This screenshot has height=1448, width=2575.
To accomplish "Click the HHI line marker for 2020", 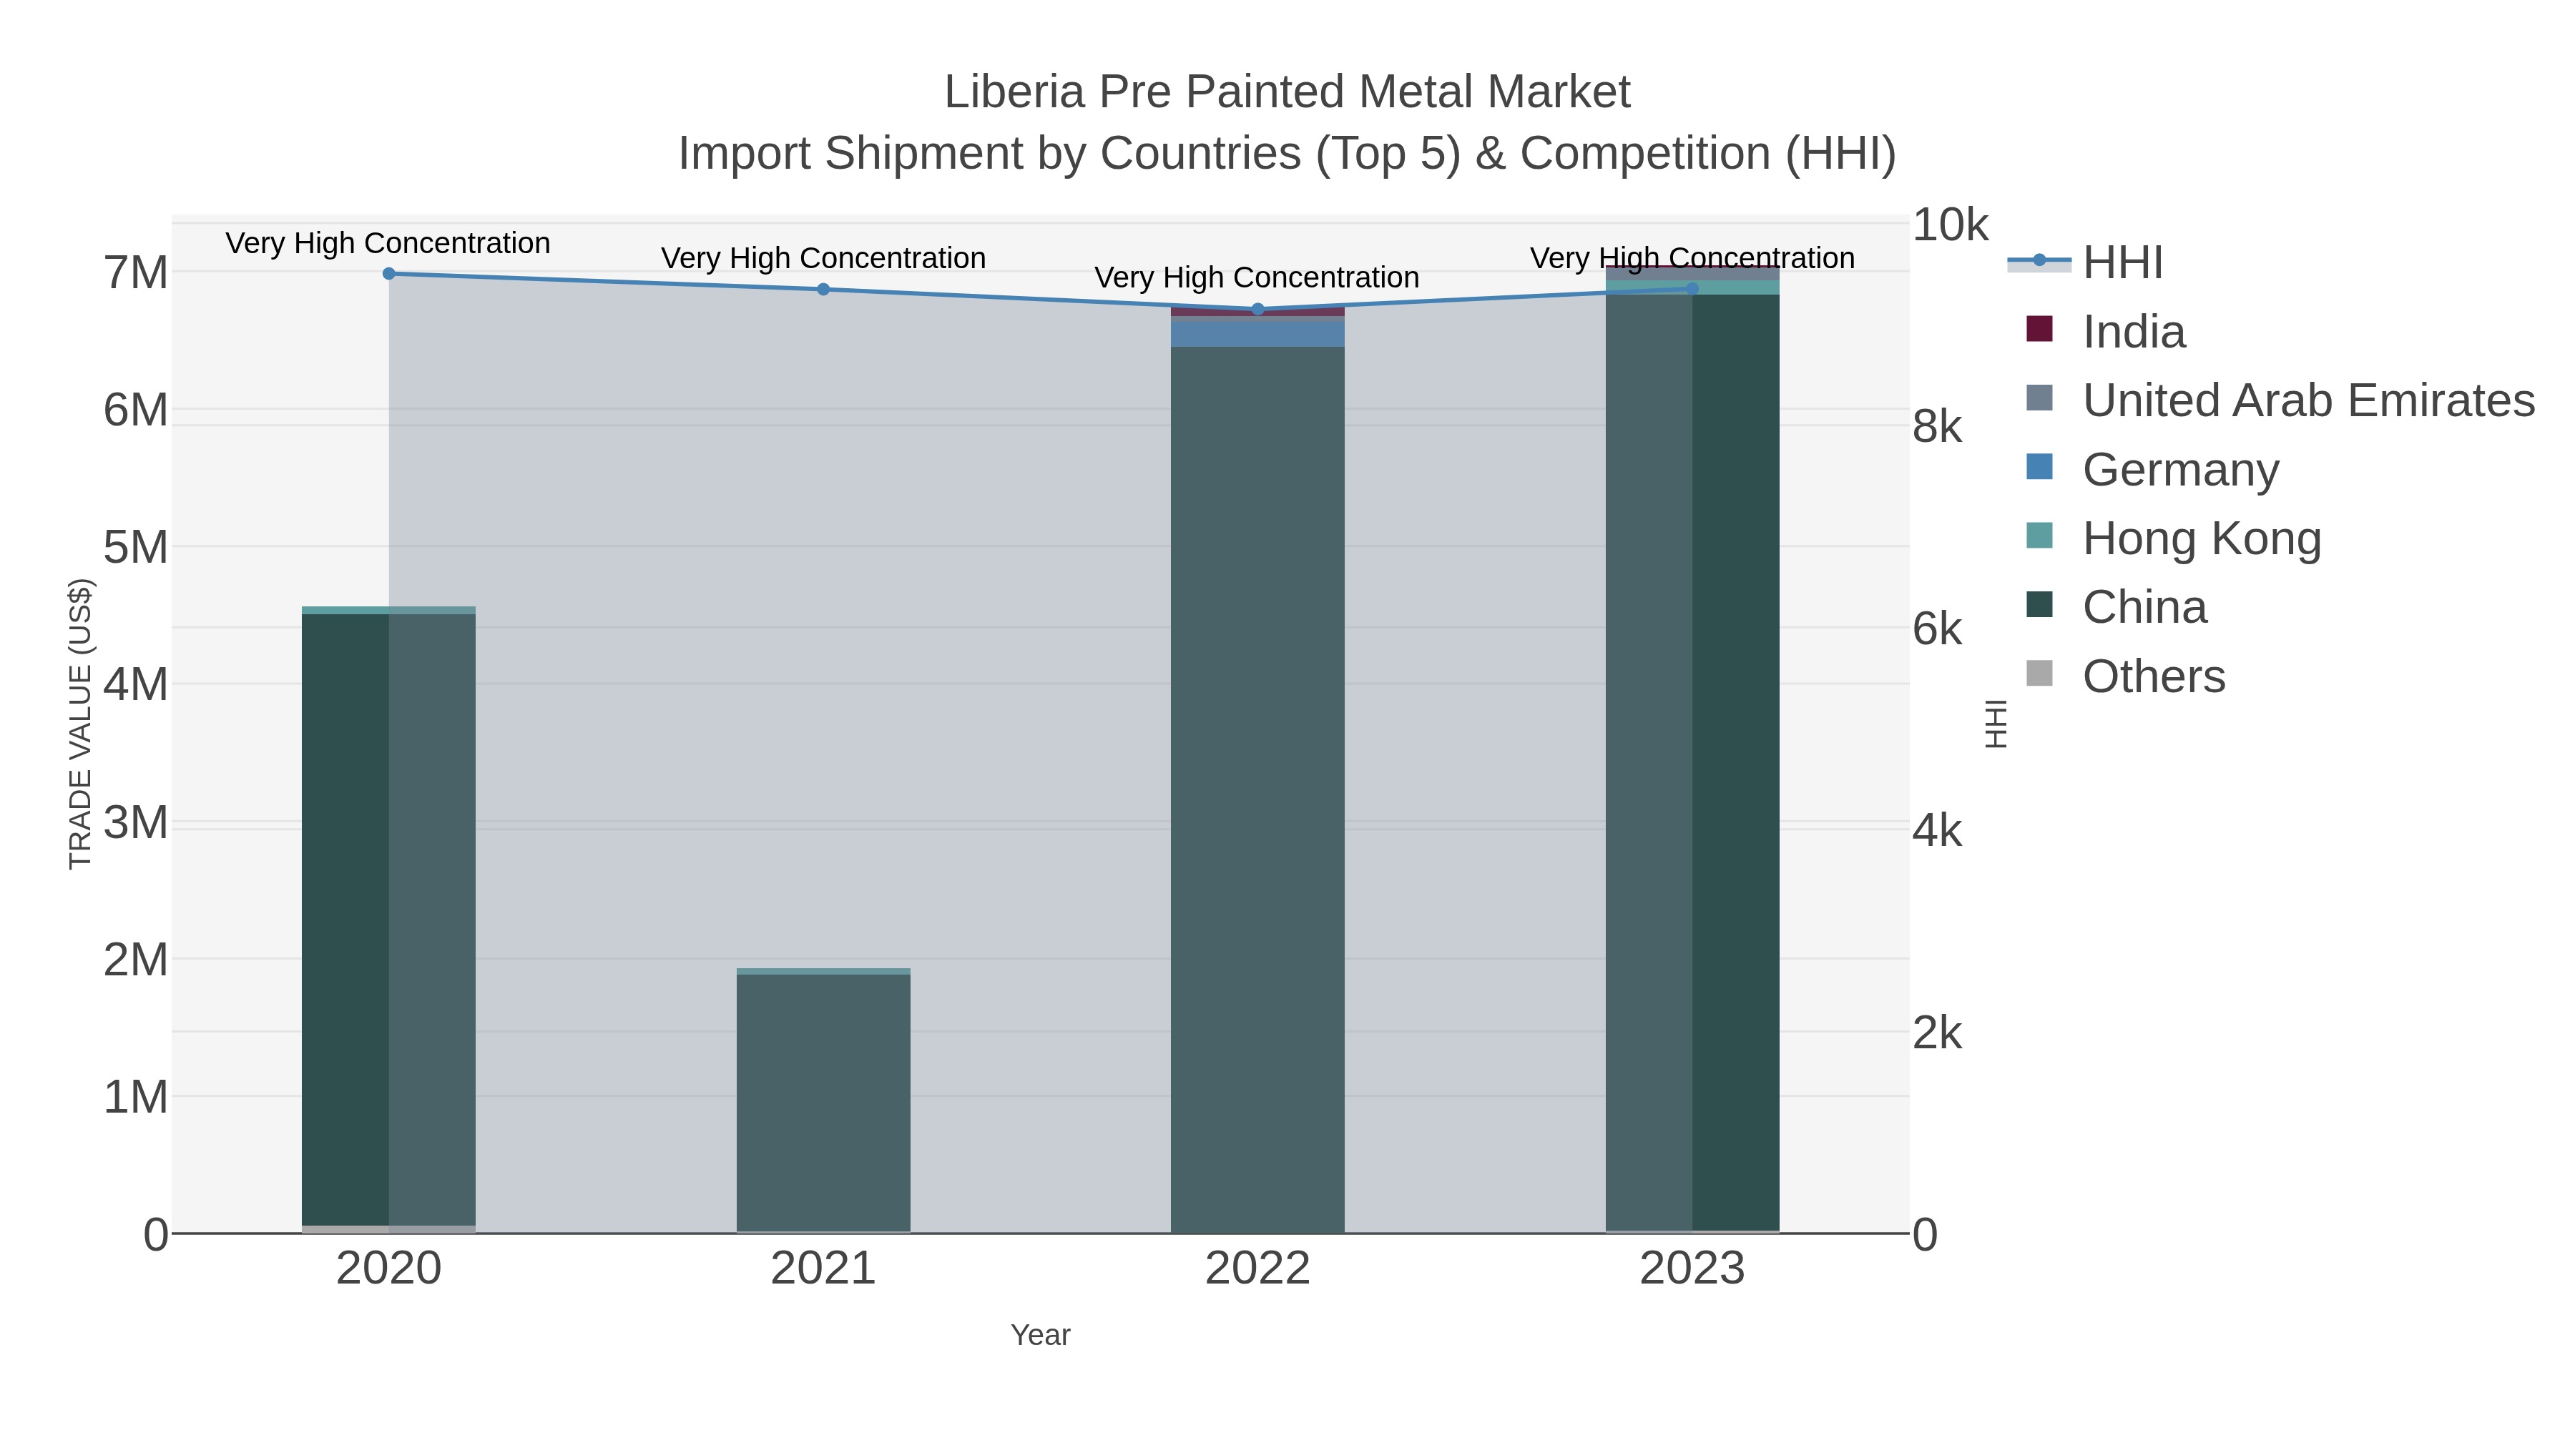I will pyautogui.click(x=389, y=273).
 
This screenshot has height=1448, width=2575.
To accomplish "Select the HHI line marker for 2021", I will pyautogui.click(x=824, y=289).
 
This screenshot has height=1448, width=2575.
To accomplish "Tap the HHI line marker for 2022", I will pyautogui.click(x=1257, y=309).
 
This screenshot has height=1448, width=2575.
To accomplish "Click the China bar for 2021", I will pyautogui.click(x=824, y=1099).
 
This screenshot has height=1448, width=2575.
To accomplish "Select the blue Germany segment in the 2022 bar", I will pyautogui.click(x=1257, y=332).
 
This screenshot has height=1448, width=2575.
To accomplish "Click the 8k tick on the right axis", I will pyautogui.click(x=1936, y=427).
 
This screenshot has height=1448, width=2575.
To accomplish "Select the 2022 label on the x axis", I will pyautogui.click(x=1257, y=1268).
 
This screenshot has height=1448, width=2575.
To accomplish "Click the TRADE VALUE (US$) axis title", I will pyautogui.click(x=80, y=724).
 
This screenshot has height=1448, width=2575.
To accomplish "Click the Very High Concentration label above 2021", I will pyautogui.click(x=824, y=258).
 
